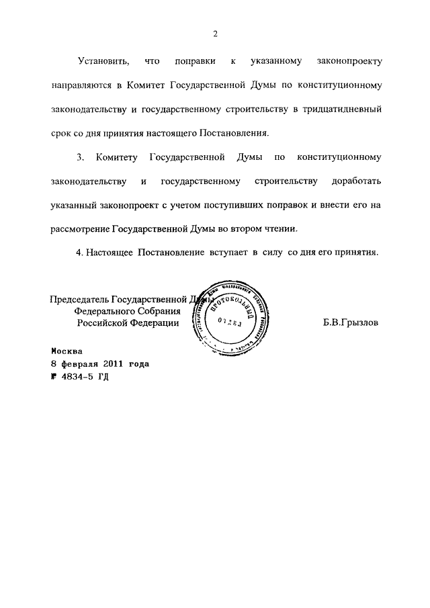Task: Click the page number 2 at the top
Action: (215, 34)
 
